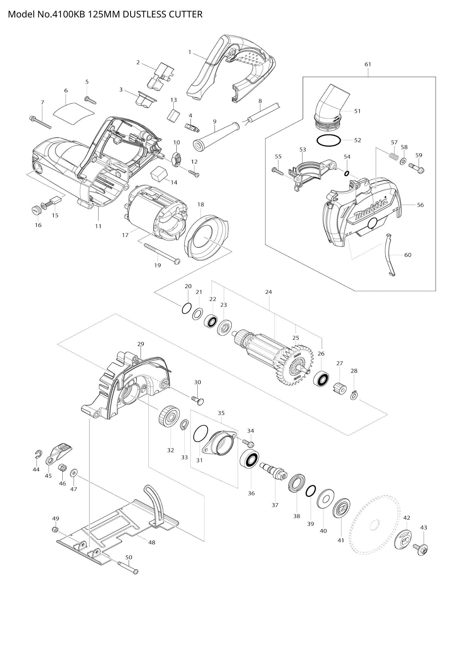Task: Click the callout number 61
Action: [368, 64]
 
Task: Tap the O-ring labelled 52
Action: [328, 141]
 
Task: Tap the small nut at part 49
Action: [55, 530]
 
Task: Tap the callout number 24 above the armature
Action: [269, 292]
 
